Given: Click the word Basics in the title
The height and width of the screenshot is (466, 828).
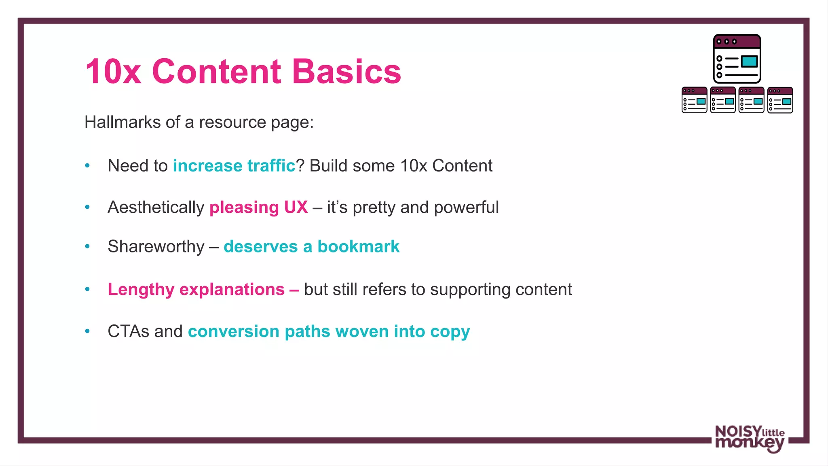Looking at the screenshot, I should tap(346, 72).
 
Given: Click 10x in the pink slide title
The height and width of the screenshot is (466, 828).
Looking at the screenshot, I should tap(113, 72).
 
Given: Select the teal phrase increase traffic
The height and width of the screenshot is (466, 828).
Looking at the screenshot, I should tap(234, 166).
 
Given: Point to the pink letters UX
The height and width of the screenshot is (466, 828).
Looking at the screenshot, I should tap(296, 207).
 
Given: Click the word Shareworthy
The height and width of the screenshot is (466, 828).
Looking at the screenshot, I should tap(156, 246).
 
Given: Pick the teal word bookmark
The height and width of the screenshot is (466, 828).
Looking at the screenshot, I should tap(358, 246).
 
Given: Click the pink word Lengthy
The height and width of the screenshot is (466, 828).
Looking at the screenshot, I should tap(141, 290).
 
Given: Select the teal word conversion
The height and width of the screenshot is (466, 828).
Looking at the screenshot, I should tap(234, 331).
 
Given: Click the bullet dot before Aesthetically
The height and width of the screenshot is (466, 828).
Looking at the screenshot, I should tap(87, 207).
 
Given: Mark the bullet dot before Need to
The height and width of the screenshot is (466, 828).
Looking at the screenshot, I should tap(87, 165).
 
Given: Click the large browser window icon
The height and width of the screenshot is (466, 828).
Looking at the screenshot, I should tap(737, 59).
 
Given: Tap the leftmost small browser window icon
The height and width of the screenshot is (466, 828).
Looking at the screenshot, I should tap(694, 100).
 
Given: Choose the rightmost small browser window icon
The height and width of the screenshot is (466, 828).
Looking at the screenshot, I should tap(780, 100).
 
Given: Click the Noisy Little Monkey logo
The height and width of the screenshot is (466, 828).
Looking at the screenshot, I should tap(750, 438).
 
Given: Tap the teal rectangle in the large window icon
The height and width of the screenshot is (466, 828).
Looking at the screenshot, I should tap(749, 61).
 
